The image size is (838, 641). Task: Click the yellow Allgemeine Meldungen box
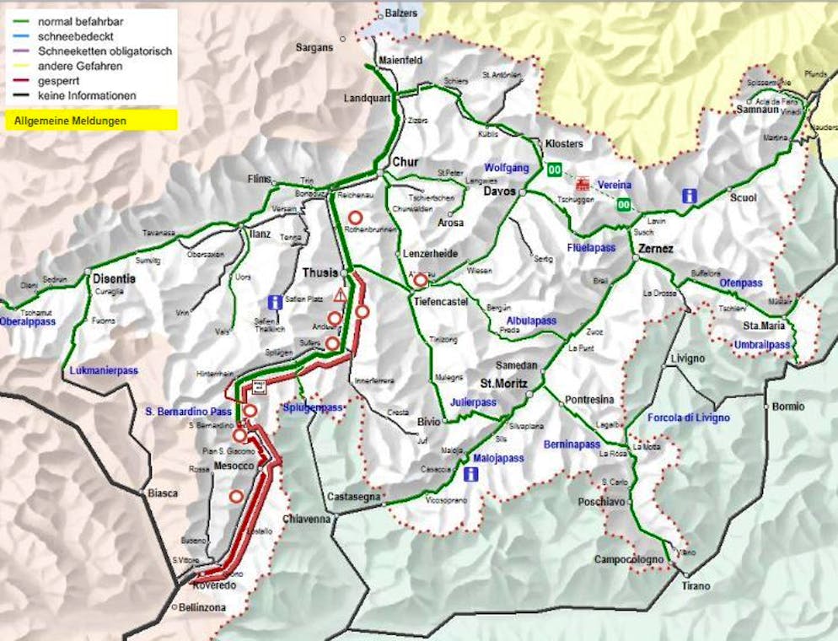tap(91, 121)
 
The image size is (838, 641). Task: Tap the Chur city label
tap(406, 162)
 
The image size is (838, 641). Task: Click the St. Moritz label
tap(504, 383)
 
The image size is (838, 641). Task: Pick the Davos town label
tap(499, 191)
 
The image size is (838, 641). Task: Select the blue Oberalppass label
tap(28, 321)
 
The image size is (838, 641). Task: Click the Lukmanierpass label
tap(105, 370)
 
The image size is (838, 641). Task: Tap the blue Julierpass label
tap(473, 402)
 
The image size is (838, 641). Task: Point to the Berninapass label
tap(572, 444)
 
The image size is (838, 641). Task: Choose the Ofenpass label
tap(740, 283)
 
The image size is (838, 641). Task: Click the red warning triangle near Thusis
tap(340, 296)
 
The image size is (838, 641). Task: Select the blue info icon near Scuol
tap(690, 196)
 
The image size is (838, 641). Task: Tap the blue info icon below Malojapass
tap(470, 475)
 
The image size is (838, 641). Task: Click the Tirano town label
tap(696, 585)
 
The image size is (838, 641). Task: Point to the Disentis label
tap(114, 279)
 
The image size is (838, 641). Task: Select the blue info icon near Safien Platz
tap(274, 302)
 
